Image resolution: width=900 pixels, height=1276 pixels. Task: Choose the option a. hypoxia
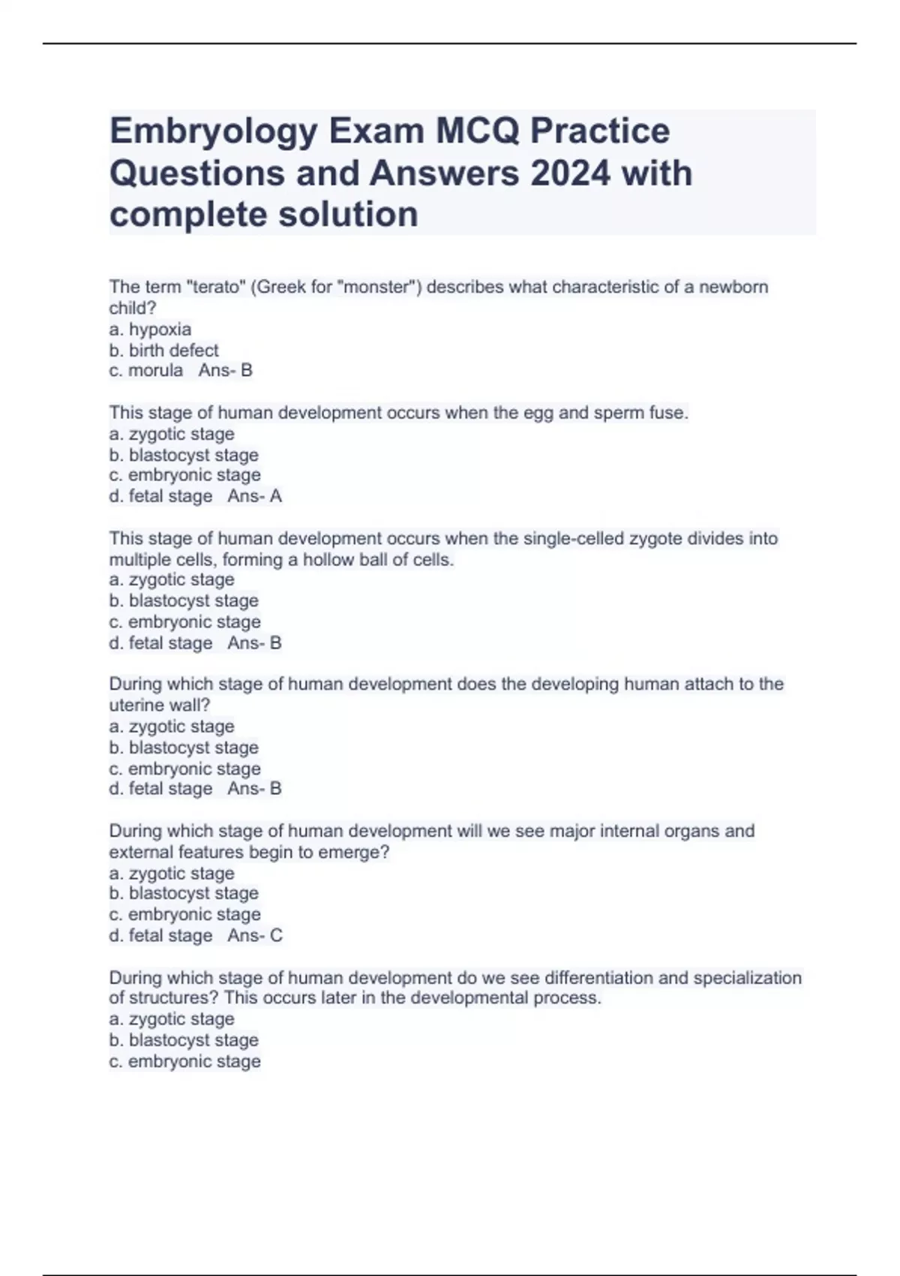tap(150, 330)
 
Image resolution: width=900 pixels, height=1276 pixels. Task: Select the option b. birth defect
tap(163, 351)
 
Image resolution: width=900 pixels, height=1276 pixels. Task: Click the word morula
tap(155, 371)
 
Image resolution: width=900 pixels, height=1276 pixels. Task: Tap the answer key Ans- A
tap(254, 496)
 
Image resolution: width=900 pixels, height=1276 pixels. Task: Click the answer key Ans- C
tap(255, 935)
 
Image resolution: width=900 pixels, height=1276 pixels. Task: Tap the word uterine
tap(137, 706)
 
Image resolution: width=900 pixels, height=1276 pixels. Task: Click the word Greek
tap(281, 287)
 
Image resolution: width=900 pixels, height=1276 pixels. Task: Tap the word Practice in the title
tap(600, 132)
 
